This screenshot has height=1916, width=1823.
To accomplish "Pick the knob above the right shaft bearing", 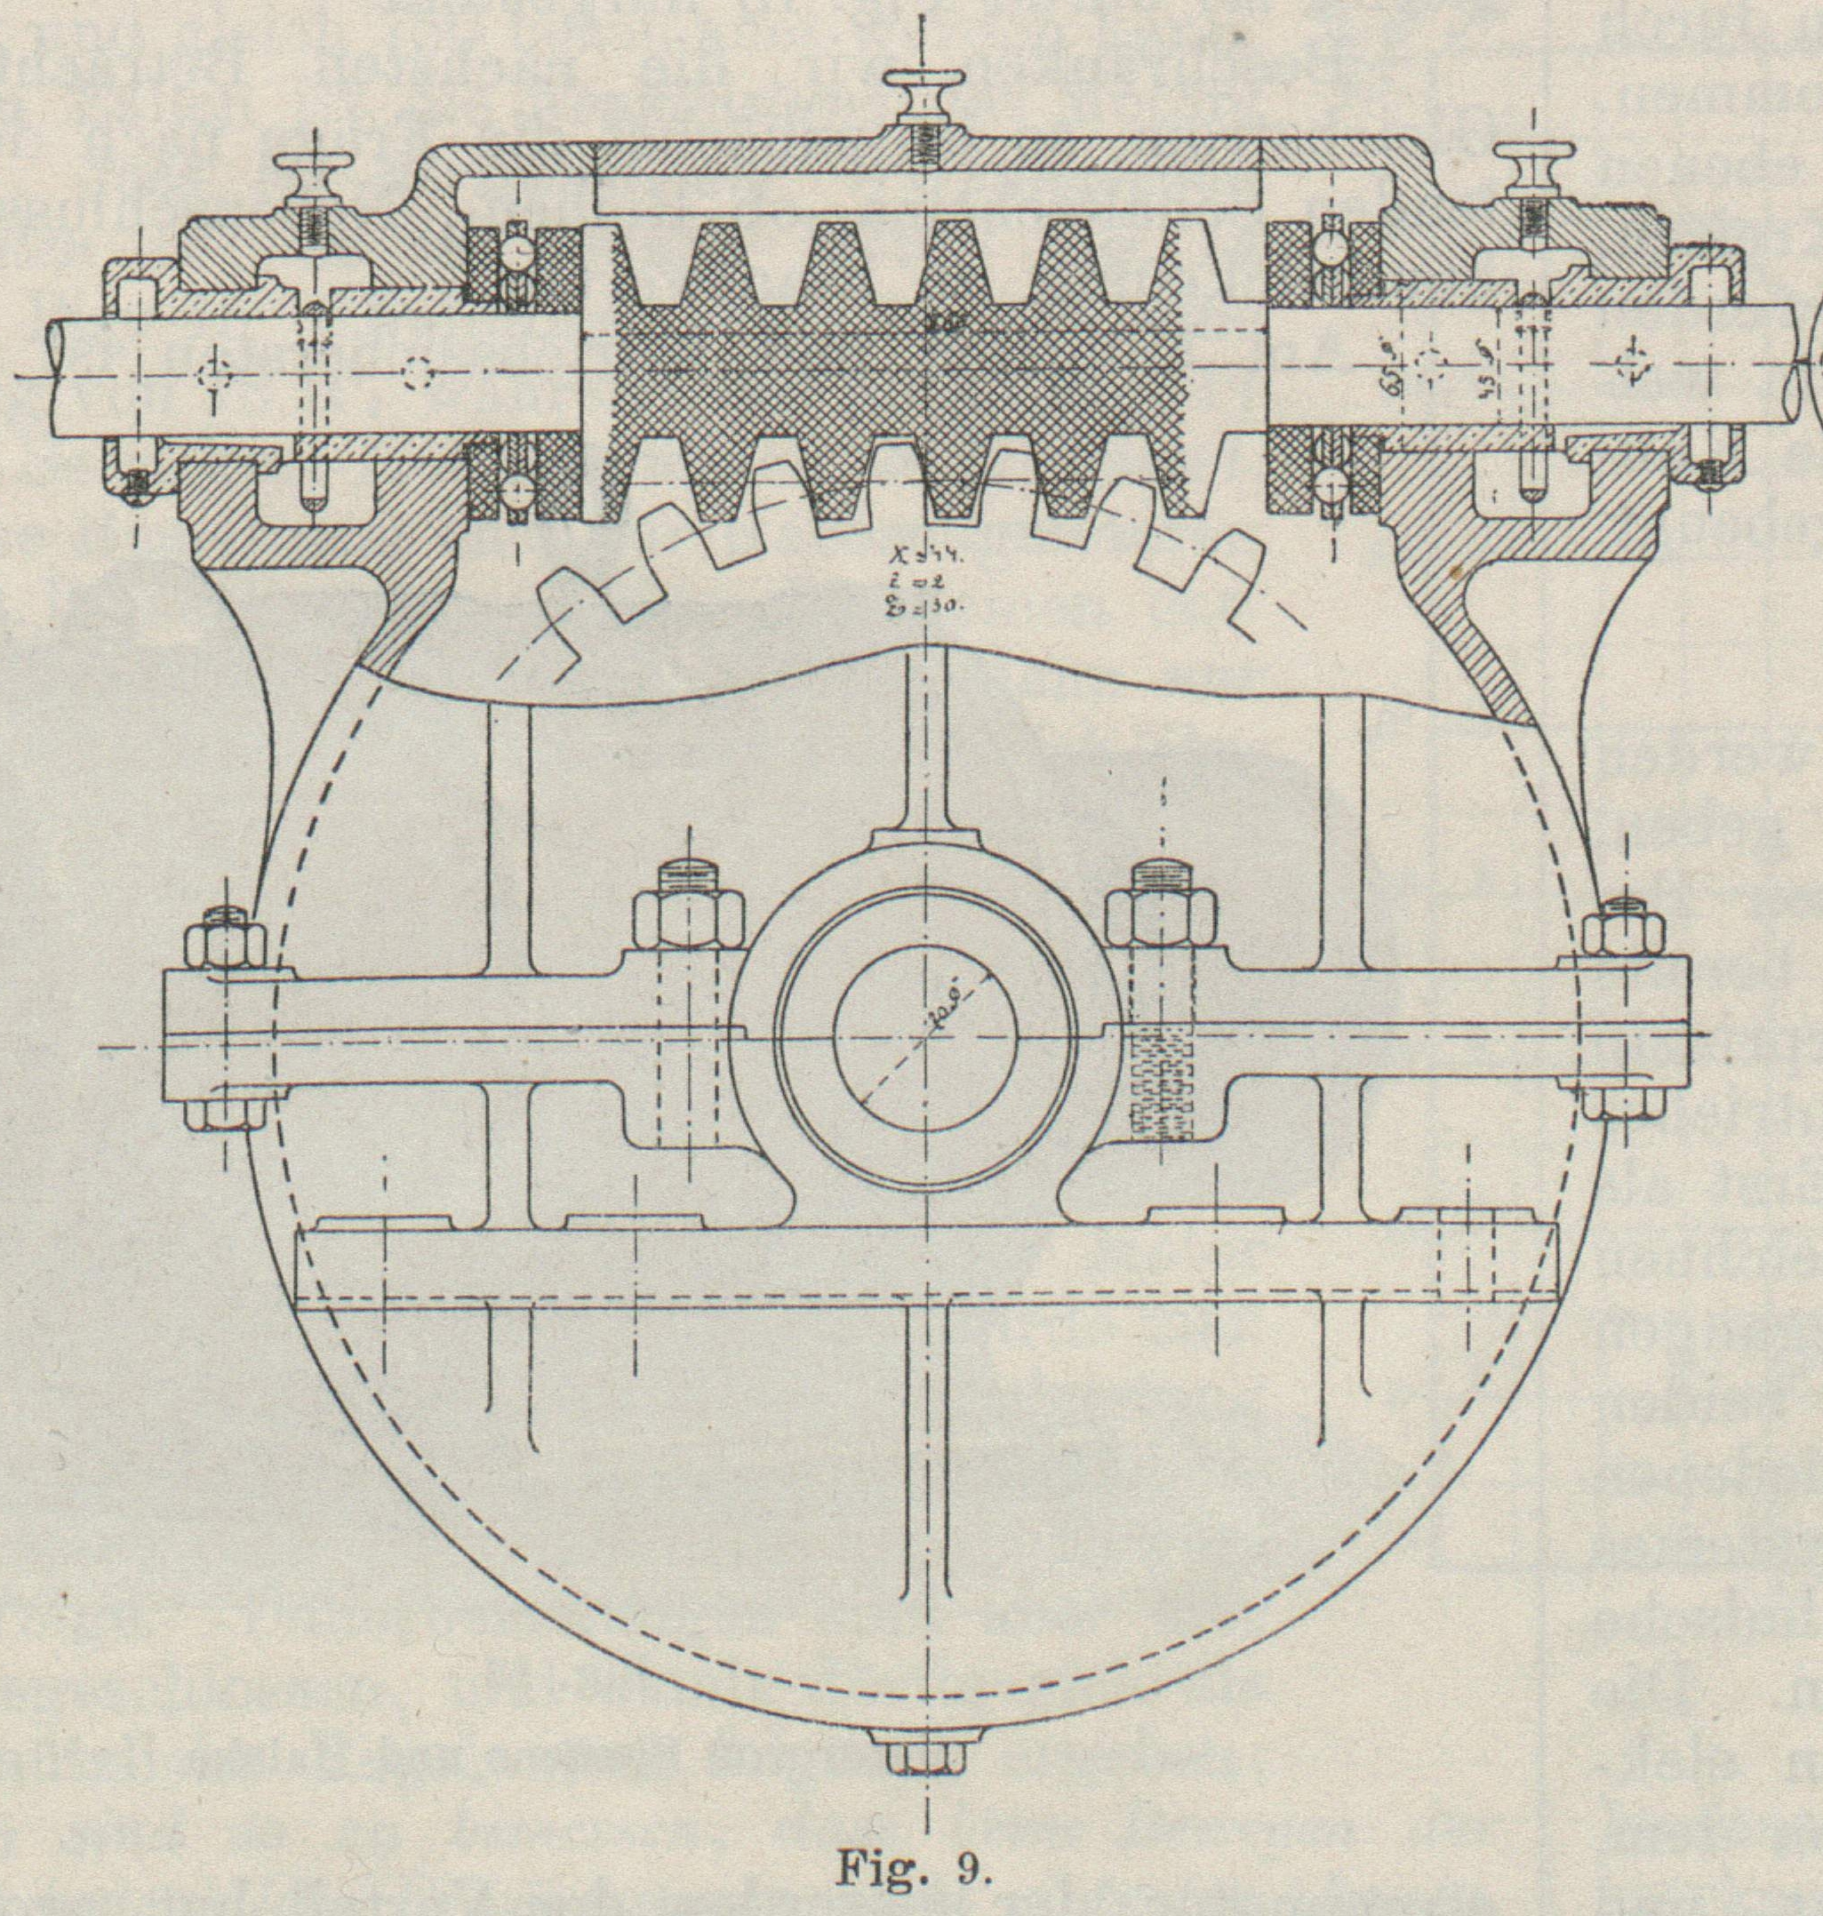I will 1534,167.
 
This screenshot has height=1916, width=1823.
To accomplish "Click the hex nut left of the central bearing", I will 688,915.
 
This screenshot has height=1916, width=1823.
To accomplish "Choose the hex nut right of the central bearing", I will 1163,915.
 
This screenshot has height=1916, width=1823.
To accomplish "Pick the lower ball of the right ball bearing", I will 1331,483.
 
